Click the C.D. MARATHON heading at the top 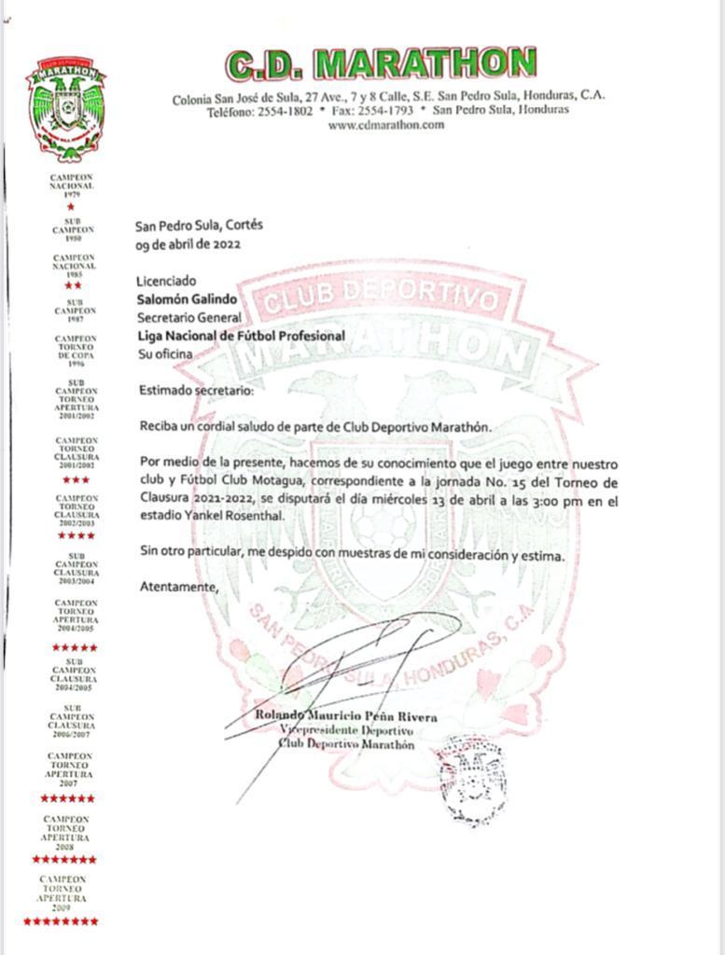pos(382,64)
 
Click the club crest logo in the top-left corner pos(65,107)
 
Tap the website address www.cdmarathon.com pos(386,125)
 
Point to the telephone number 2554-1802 pos(285,110)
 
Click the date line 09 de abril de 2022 pos(188,244)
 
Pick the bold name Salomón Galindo pos(187,299)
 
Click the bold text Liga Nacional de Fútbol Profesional pos(241,336)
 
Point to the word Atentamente pos(178,587)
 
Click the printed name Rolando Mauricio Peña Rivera pos(345,716)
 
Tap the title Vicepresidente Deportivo pos(346,730)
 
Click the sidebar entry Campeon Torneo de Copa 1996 pos(76,351)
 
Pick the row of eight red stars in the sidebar pos(61,921)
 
